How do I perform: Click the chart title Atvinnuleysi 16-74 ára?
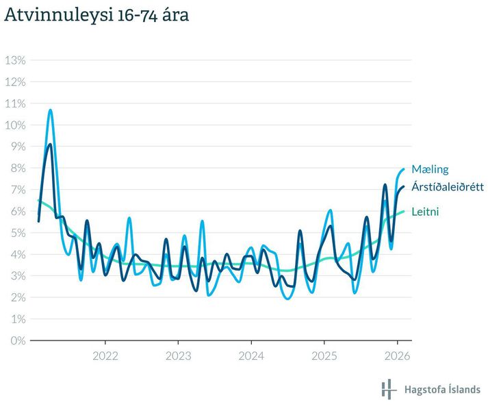[x=97, y=15]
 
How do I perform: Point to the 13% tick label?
[x=15, y=60]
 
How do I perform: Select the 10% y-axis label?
[x=15, y=125]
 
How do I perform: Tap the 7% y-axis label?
[x=15, y=190]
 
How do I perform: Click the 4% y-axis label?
[x=15, y=254]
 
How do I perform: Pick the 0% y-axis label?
[x=15, y=340]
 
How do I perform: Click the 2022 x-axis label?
[x=105, y=356]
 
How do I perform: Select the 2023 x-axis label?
[x=178, y=356]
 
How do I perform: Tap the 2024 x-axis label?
[x=251, y=356]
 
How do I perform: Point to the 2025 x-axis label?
[x=324, y=356]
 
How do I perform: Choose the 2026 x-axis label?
[x=397, y=356]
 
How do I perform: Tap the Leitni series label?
[x=425, y=212]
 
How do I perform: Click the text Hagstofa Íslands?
[x=443, y=389]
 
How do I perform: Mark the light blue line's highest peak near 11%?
[x=50, y=110]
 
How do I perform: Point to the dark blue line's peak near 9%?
[x=50, y=145]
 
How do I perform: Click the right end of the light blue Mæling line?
[x=404, y=169]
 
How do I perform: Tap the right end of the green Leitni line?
[x=404, y=211]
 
